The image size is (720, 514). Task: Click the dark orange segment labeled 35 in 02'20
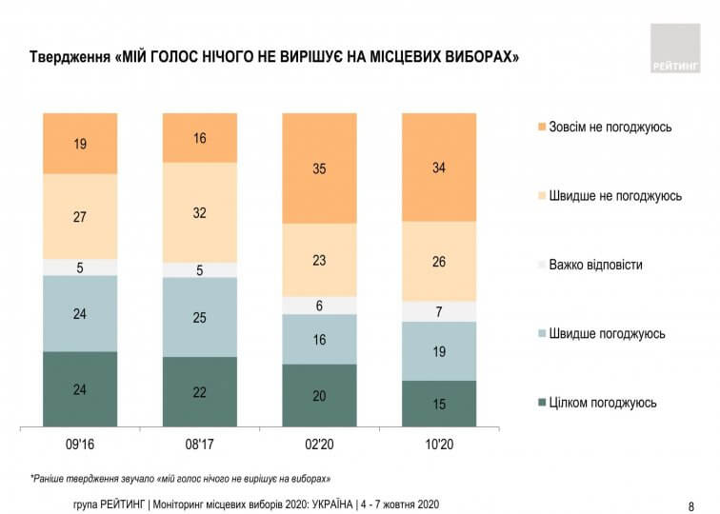319,168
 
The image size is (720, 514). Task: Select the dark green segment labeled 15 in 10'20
439,403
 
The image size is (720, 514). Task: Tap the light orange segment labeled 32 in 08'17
199,212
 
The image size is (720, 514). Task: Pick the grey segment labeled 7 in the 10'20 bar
439,311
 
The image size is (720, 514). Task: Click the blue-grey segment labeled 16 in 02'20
319,339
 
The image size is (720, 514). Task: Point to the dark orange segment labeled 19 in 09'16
80,144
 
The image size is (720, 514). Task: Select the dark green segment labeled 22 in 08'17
199,391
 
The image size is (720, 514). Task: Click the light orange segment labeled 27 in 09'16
80,216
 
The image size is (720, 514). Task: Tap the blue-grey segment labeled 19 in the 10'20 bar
439,351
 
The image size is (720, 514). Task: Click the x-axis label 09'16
80,444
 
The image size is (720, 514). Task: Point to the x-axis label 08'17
199,444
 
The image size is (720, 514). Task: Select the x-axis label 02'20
319,444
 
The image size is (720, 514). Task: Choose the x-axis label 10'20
439,444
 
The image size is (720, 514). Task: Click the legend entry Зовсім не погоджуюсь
610,127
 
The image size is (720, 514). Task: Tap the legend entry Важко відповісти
595,265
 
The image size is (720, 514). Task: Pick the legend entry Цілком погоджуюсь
602,403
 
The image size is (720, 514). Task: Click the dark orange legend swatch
541,127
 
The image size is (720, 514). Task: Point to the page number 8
690,505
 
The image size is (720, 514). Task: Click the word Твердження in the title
69,57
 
